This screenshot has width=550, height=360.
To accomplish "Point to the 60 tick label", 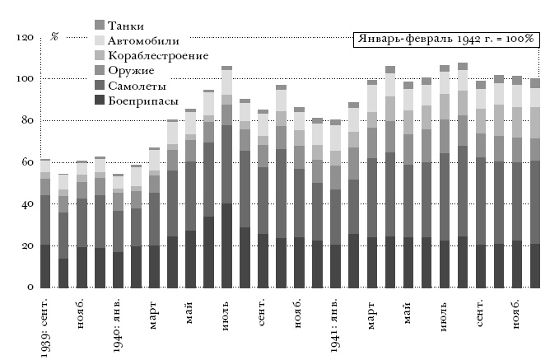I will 26,162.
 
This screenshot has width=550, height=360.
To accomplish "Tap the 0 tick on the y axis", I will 29,288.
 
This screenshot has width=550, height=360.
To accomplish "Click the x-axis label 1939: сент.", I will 45,325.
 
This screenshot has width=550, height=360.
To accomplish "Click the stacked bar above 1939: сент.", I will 45,223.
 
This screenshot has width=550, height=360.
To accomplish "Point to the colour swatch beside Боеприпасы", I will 100,101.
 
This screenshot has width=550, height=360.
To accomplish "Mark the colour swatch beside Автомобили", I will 100,40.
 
